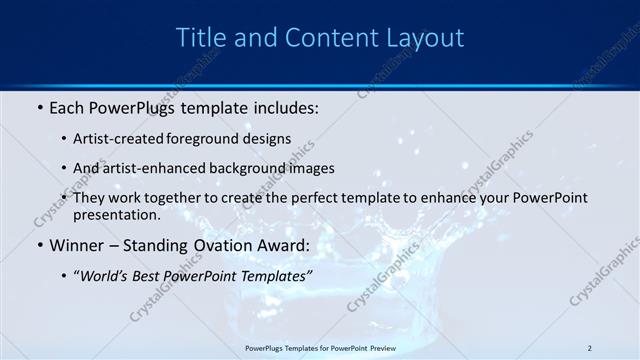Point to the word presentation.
[x=116, y=214]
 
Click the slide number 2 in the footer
[x=589, y=347]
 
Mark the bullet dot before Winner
[x=39, y=245]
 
